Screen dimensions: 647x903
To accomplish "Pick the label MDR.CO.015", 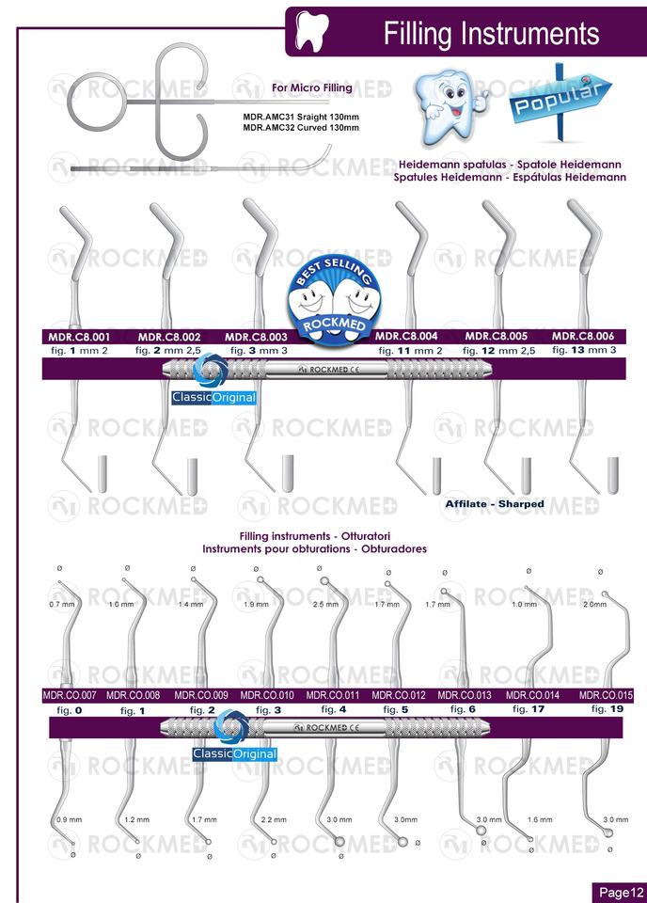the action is click(x=606, y=696).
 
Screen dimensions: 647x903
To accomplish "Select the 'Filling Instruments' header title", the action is click(x=491, y=34).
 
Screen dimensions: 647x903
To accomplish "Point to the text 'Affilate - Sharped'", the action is click(x=495, y=504).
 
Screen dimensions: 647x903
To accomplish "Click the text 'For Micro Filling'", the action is click(x=311, y=87).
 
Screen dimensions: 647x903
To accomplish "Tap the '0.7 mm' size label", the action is click(x=61, y=605).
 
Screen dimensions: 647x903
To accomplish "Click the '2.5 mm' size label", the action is click(x=325, y=605).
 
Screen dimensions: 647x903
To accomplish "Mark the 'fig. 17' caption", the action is click(x=532, y=709).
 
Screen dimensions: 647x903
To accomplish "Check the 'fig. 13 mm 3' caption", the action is click(x=585, y=350).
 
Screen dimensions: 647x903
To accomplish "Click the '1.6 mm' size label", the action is click(x=540, y=820).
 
